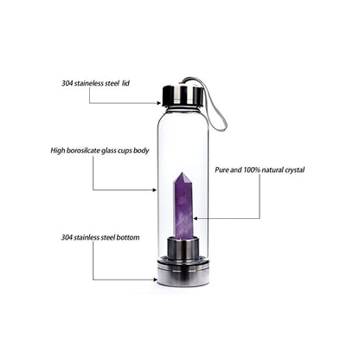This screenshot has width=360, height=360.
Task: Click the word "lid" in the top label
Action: click(125, 83)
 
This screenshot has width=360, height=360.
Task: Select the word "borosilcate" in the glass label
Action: click(83, 151)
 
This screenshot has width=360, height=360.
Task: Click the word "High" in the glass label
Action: click(58, 151)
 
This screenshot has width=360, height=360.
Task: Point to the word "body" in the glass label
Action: click(141, 151)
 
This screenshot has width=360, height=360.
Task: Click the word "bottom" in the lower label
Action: click(128, 237)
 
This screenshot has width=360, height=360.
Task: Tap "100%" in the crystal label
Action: click(252, 170)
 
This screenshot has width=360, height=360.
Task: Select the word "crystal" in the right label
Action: click(294, 170)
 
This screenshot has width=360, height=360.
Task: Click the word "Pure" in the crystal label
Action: click(222, 170)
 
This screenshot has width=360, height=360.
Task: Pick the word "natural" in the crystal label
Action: click(273, 170)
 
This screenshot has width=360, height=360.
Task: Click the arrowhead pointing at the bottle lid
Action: click(158, 103)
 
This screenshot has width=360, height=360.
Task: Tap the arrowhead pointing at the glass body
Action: click(155, 190)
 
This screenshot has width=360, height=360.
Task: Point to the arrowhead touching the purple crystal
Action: click(196, 218)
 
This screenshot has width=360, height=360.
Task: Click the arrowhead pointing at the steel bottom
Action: click(155, 280)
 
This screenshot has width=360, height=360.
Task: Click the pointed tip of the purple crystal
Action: click(182, 173)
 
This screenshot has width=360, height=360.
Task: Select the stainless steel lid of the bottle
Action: click(182, 95)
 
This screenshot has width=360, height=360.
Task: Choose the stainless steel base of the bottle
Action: click(183, 273)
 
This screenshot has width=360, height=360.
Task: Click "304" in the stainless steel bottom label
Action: click(67, 237)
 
